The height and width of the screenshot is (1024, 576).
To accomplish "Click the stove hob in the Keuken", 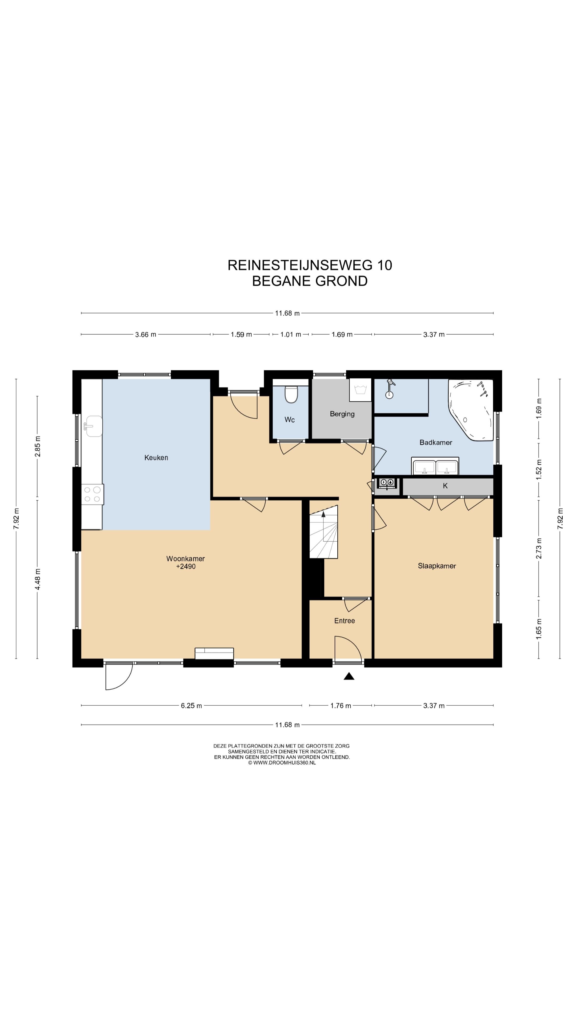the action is pyautogui.click(x=92, y=494).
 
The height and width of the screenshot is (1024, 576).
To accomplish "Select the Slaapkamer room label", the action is pyautogui.click(x=437, y=566).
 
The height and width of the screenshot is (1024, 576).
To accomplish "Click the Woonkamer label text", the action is pyautogui.click(x=186, y=558).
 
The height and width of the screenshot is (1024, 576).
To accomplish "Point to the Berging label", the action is pyautogui.click(x=342, y=414).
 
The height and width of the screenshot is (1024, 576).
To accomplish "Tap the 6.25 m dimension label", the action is pyautogui.click(x=191, y=706).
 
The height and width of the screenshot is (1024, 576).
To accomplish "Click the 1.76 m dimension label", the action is pyautogui.click(x=341, y=706).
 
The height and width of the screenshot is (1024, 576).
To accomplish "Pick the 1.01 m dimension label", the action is pyautogui.click(x=291, y=334).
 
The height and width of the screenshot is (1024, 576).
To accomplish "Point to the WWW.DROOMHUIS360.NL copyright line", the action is pyautogui.click(x=282, y=763).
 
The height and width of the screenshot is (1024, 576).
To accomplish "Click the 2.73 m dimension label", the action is pyautogui.click(x=539, y=549).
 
